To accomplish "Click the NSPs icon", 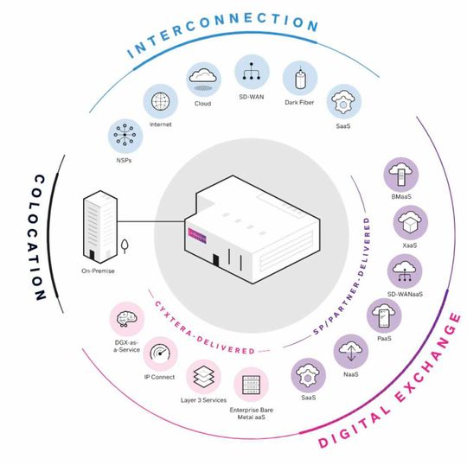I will pos(122,136).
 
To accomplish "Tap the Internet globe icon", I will pos(160,99).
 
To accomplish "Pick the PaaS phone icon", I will pos(384,316).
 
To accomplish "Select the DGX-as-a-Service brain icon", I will pos(125,318).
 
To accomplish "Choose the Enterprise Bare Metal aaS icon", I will pos(252,385).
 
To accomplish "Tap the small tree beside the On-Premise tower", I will pos(125,247).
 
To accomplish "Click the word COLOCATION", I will pos(32,229).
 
